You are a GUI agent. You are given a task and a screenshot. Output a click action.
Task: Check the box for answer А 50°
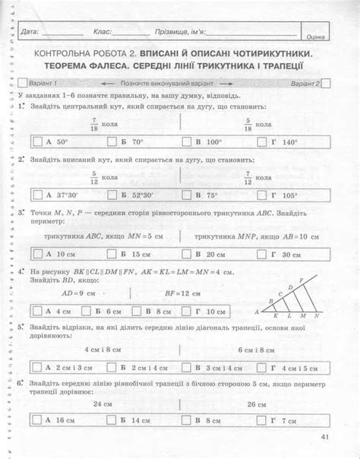(37, 141)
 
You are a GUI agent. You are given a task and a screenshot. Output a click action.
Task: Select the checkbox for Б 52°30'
(112, 195)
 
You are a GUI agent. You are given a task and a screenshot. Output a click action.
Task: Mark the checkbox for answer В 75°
(185, 195)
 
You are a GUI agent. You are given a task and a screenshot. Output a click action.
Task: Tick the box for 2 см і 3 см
(37, 368)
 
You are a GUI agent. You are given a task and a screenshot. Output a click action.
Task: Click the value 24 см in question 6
(92, 405)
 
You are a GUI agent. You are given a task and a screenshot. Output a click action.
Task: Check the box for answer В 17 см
(185, 420)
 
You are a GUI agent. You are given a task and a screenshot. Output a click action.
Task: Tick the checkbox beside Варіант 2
(327, 84)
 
